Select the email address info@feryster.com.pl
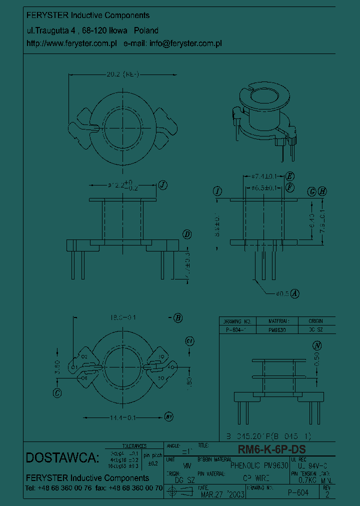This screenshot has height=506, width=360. (185, 43)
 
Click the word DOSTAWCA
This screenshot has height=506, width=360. (62, 457)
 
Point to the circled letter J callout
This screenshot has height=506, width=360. (162, 185)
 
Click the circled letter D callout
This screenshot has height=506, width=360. (186, 234)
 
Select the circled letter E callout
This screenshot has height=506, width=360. (290, 176)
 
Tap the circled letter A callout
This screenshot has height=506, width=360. (295, 294)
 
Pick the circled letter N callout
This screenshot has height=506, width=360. (316, 345)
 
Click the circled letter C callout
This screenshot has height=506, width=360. (57, 393)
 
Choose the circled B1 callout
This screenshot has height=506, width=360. (169, 415)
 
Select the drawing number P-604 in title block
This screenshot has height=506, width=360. (298, 492)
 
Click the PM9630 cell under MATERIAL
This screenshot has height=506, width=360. (276, 330)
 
